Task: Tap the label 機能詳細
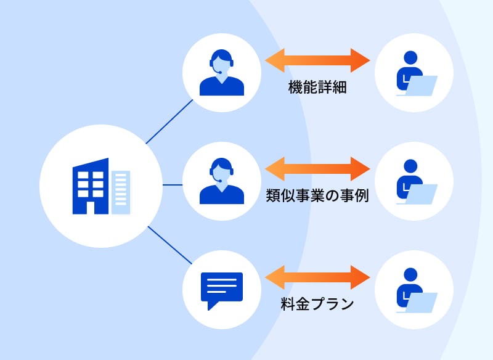(317, 87)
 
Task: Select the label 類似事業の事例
(317, 196)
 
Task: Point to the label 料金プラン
(317, 303)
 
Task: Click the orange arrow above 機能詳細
(317, 60)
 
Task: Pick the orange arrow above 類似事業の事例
(317, 168)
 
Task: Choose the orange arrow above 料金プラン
(317, 277)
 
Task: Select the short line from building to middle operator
(173, 184)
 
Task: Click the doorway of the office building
(91, 207)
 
